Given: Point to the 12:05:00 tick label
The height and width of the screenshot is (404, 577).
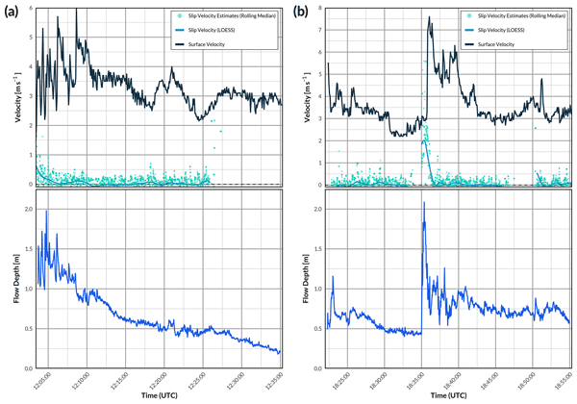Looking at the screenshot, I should [40, 383].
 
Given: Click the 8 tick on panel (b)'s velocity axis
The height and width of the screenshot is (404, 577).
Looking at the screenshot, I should [316, 9].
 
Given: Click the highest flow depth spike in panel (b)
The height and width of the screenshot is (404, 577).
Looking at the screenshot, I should [424, 203].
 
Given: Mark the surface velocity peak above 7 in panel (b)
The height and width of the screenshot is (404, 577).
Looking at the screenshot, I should [429, 17].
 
